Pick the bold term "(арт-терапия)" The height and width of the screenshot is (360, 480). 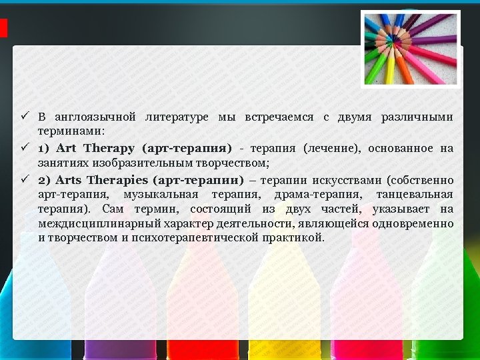point(187,147)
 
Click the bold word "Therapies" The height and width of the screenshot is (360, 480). point(117,180)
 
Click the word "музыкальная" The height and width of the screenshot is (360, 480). point(161,195)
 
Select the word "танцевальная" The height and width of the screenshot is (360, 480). point(415,195)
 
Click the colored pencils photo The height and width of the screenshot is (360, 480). point(410,49)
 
